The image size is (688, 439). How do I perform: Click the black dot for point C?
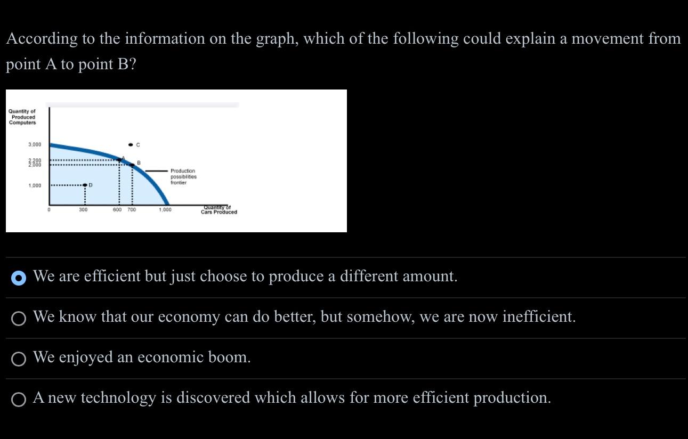click(x=131, y=145)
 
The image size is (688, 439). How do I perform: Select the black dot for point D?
click(x=85, y=185)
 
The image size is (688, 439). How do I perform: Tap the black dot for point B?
click(x=132, y=165)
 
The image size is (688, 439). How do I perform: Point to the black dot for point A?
click(x=119, y=159)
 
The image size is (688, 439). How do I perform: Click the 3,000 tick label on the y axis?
click(x=35, y=145)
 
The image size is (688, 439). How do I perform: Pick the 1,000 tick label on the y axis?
click(x=35, y=185)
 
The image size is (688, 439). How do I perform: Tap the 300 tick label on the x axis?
click(x=83, y=210)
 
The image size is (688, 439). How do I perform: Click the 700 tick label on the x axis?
click(x=131, y=210)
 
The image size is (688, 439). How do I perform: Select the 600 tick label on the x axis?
click(x=117, y=210)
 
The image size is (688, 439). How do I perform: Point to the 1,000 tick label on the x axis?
click(x=165, y=210)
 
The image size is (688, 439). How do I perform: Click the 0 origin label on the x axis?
click(x=48, y=210)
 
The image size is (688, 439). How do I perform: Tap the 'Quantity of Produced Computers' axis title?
click(x=22, y=117)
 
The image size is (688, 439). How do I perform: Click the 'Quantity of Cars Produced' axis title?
click(x=218, y=210)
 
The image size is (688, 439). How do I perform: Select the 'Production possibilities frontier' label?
click(x=183, y=177)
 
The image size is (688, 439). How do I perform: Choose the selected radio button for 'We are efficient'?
click(x=19, y=278)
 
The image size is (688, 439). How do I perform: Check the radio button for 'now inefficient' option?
click(x=19, y=318)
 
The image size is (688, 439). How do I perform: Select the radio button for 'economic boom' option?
click(x=19, y=359)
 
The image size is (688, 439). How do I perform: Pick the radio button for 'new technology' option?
click(x=19, y=399)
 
